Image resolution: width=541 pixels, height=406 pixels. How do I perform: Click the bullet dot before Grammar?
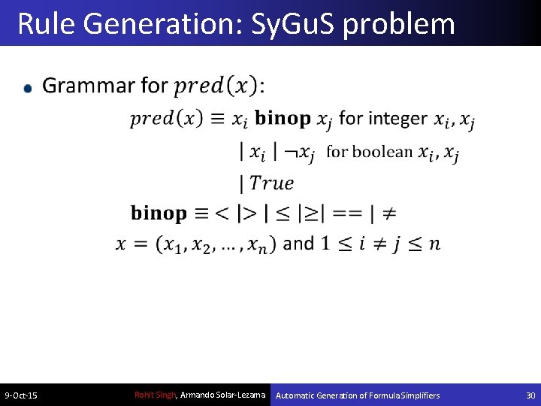tap(29, 89)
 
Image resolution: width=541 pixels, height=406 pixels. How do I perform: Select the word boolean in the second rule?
tap(382, 152)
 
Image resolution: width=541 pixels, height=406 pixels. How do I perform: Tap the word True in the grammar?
tap(271, 183)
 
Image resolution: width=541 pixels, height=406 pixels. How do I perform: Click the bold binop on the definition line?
tap(159, 214)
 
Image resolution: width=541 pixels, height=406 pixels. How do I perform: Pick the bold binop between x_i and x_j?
tap(283, 119)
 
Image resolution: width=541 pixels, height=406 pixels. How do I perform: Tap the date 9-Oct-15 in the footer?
tap(22, 395)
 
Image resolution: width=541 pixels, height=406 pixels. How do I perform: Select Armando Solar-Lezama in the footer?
tap(223, 395)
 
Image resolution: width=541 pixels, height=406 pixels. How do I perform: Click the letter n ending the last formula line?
tap(435, 244)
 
